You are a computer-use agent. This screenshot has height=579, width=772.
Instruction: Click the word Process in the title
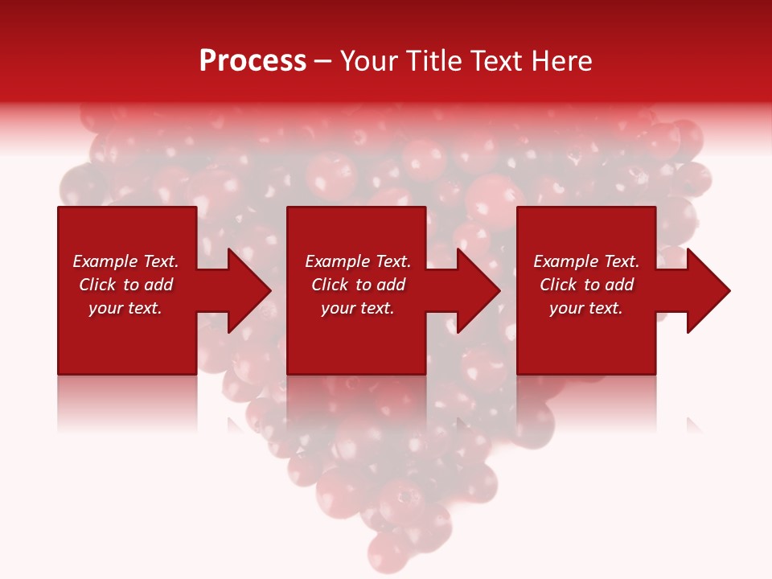(x=253, y=61)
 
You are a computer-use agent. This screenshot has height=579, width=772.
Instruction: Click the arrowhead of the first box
(x=249, y=290)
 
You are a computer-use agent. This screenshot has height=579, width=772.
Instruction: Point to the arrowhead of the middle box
(x=478, y=290)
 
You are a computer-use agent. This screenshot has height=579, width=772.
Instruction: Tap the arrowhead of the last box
(x=708, y=290)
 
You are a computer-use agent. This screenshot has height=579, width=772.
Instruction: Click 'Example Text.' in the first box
(x=125, y=261)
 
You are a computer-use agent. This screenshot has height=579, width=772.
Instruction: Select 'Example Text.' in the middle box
(x=358, y=261)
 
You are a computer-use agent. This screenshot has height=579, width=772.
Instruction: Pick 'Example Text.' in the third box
(x=586, y=261)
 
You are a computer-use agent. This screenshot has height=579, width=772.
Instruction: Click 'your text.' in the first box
(x=125, y=308)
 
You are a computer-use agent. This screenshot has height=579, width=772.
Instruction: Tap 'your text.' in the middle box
(x=358, y=308)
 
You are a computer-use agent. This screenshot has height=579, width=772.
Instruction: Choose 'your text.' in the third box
(x=586, y=308)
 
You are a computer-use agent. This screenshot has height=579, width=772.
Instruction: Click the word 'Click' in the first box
(x=98, y=285)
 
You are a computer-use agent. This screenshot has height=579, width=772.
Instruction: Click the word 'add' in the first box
(x=158, y=285)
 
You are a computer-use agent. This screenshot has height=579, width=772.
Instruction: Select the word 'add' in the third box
(x=619, y=285)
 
